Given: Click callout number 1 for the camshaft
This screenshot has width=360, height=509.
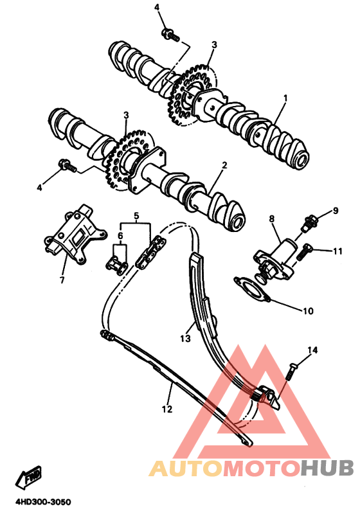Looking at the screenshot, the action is point(285,98).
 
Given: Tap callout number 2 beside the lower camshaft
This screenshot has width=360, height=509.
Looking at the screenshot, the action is point(224,165).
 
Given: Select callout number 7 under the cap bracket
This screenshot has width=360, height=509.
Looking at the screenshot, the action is point(62,280).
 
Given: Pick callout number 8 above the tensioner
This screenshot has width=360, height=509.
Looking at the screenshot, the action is point(272,219).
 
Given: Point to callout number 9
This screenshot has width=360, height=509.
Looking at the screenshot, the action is point(336,211).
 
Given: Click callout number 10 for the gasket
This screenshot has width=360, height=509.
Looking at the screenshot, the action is point(308,311).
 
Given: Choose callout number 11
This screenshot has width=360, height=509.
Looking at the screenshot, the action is point(337,251).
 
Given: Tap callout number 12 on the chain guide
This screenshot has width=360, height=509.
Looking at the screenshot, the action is point(167,409).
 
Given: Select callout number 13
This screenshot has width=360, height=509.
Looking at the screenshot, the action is point(185,338).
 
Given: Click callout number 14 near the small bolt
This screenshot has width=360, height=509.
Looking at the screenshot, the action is point(312,350).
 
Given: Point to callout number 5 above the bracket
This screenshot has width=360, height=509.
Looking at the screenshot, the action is point(136,215).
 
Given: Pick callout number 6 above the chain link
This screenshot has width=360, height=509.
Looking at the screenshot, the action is point(120,236).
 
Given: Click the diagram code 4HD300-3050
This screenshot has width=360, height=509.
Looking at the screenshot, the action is point(39,502).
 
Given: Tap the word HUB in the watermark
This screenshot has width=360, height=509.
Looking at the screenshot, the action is point(327,468).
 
